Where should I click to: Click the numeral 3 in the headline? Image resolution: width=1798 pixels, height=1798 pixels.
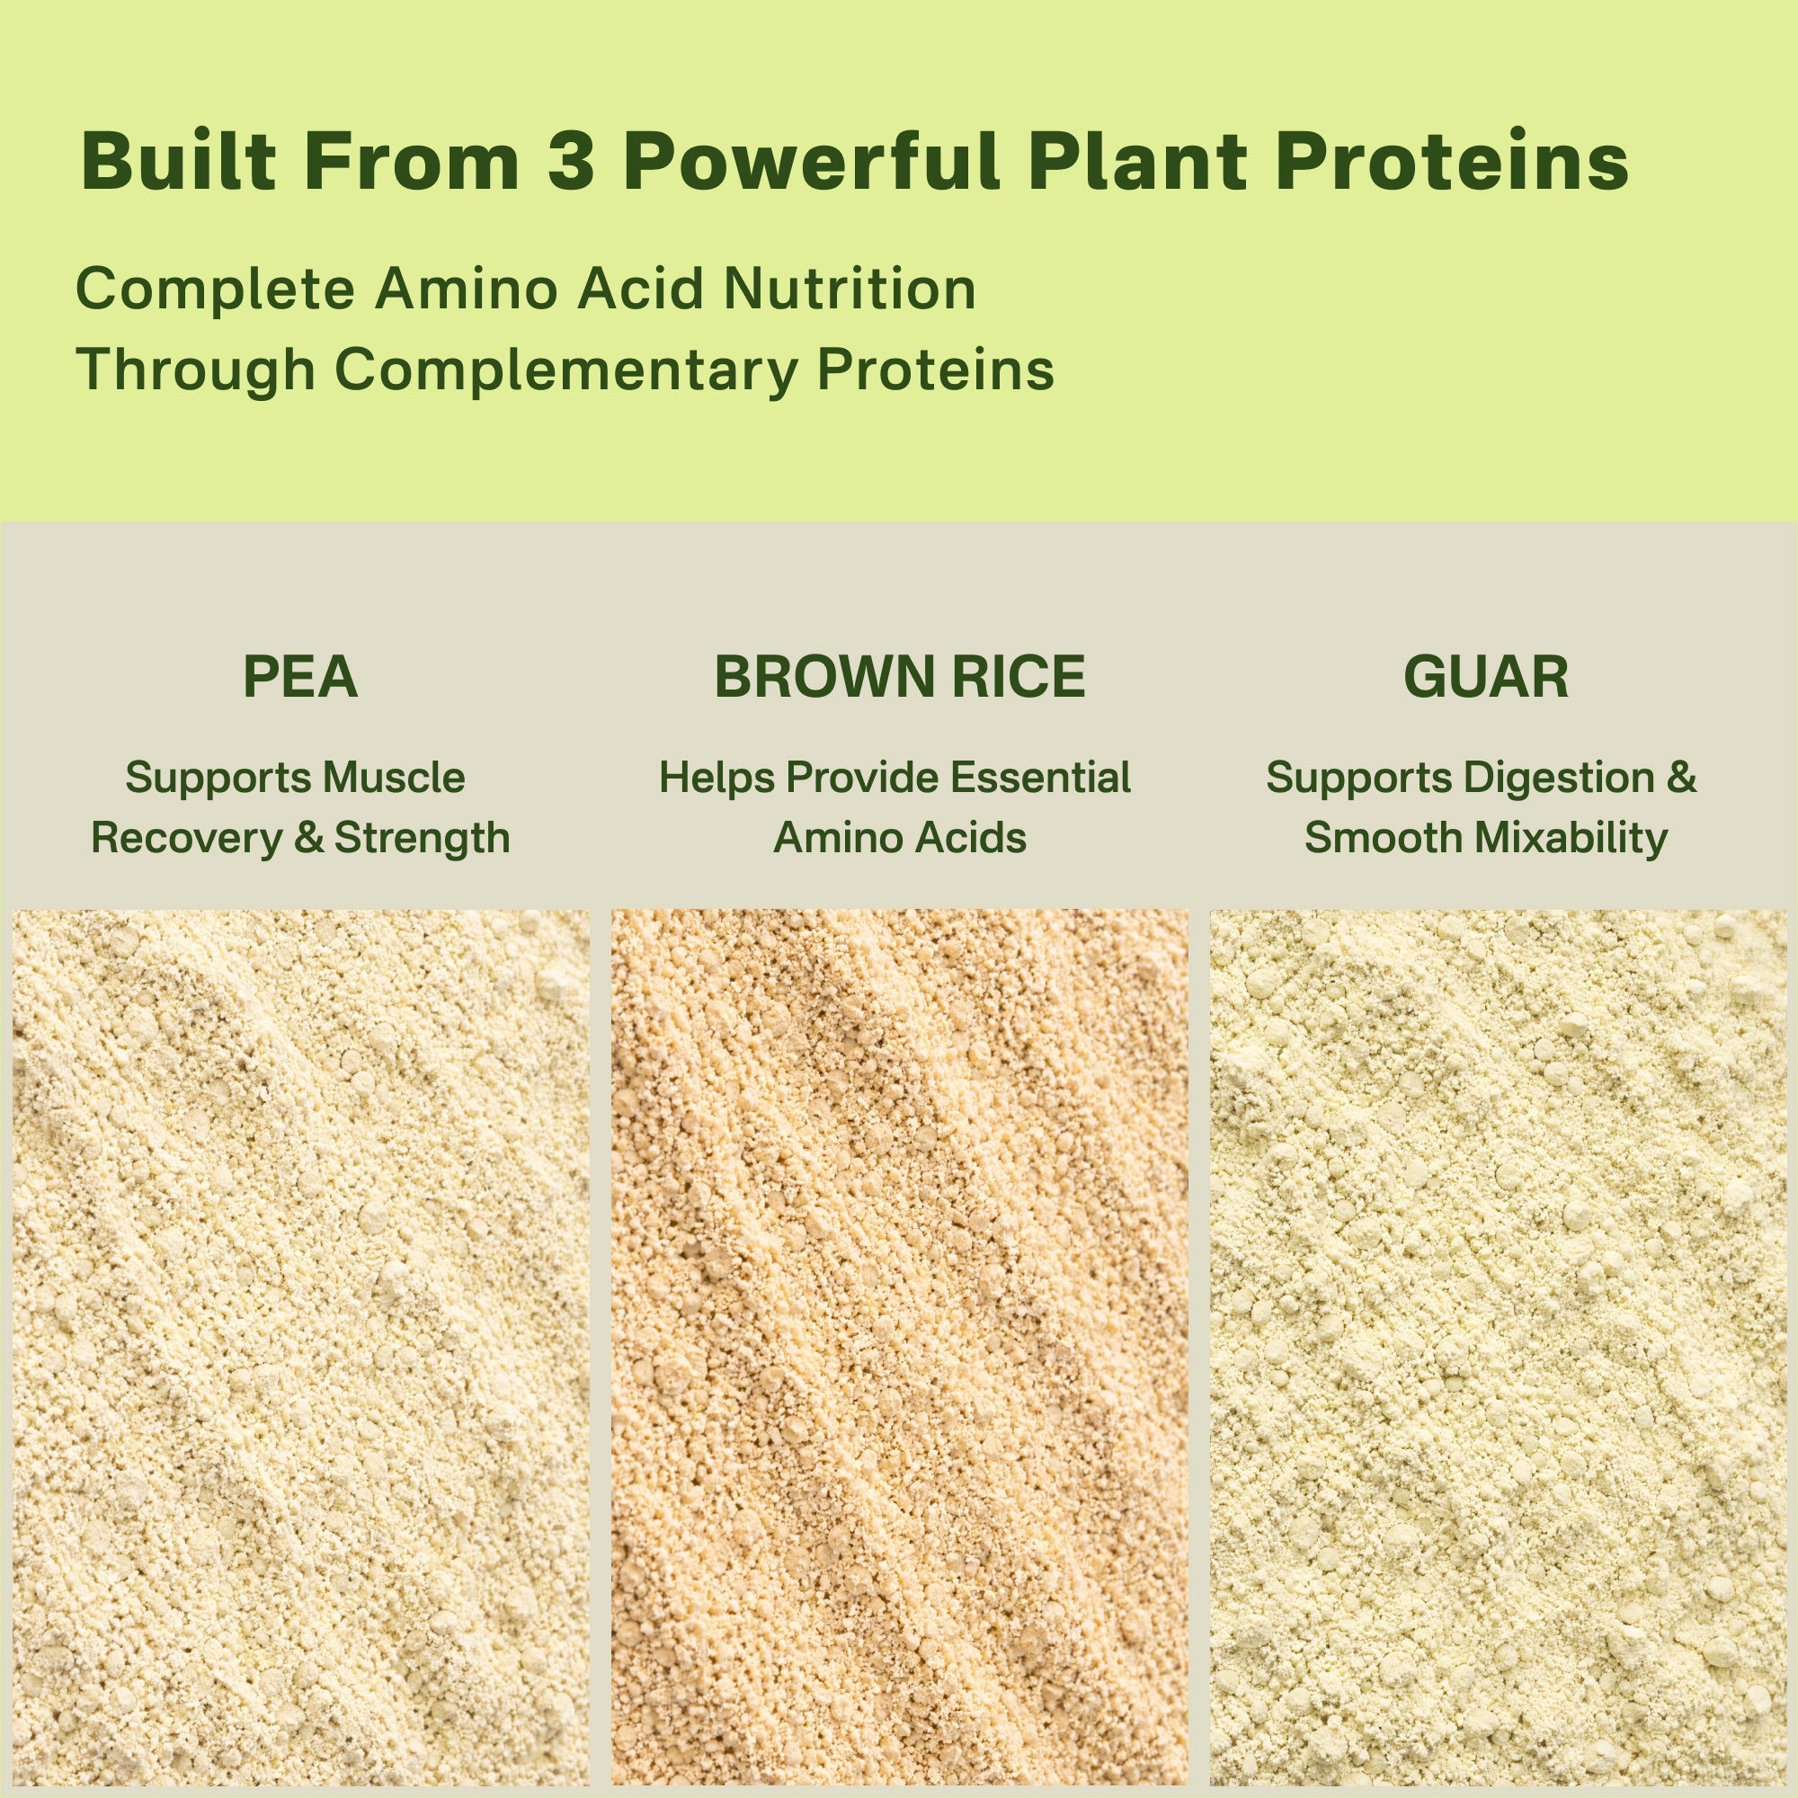571,162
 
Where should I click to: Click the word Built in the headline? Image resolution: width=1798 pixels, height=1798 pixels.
179,162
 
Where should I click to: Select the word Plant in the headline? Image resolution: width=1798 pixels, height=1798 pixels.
1137,162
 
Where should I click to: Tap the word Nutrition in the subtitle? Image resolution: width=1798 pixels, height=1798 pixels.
850,289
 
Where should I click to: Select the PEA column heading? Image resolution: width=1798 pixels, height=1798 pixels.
299,677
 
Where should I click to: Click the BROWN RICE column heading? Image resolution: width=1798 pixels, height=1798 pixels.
899,677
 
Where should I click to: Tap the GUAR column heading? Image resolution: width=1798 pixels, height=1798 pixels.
1485,677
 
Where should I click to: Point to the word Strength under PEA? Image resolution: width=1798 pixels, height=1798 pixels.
422,838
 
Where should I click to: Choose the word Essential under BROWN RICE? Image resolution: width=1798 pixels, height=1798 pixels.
1040,777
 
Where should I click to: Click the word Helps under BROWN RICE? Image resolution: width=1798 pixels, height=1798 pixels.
716,777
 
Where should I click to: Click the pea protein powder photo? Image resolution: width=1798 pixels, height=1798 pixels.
299,1349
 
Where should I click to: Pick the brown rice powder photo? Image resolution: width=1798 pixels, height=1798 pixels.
899,1349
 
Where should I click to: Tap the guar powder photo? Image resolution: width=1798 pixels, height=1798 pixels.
1499,1349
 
